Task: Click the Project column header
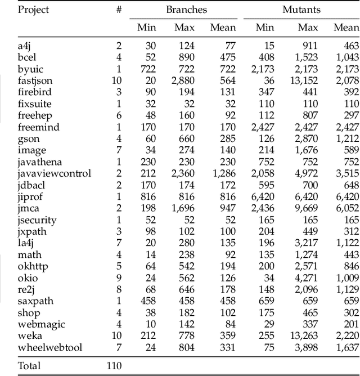click(x=33, y=10)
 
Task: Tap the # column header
click(x=118, y=10)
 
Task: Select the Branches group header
click(x=186, y=10)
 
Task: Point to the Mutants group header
click(x=301, y=10)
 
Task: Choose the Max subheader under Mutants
click(x=308, y=28)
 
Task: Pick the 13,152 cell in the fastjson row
click(x=304, y=81)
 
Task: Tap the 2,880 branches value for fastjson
click(x=183, y=81)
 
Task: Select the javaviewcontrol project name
click(x=54, y=173)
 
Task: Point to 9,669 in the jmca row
click(x=307, y=208)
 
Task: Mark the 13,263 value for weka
click(x=304, y=336)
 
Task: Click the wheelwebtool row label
click(x=49, y=347)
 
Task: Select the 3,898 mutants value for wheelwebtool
click(x=307, y=347)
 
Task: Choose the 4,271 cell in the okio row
click(x=307, y=278)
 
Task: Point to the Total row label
click(x=29, y=366)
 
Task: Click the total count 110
click(x=114, y=366)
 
